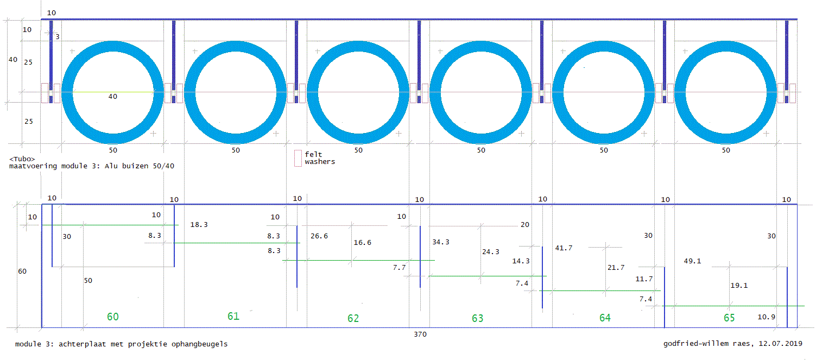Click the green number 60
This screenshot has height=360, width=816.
[x=113, y=317]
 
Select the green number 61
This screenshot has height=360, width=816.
[x=233, y=316]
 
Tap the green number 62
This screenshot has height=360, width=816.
[x=353, y=318]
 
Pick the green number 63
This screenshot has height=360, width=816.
[x=478, y=318]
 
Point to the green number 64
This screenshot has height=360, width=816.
[x=605, y=318]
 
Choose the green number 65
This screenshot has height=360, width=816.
[x=729, y=318]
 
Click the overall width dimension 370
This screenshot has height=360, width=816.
[x=420, y=334]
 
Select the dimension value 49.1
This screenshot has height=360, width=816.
[x=693, y=261]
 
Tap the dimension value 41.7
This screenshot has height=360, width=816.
[x=564, y=248]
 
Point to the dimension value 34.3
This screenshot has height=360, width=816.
[x=441, y=242]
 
